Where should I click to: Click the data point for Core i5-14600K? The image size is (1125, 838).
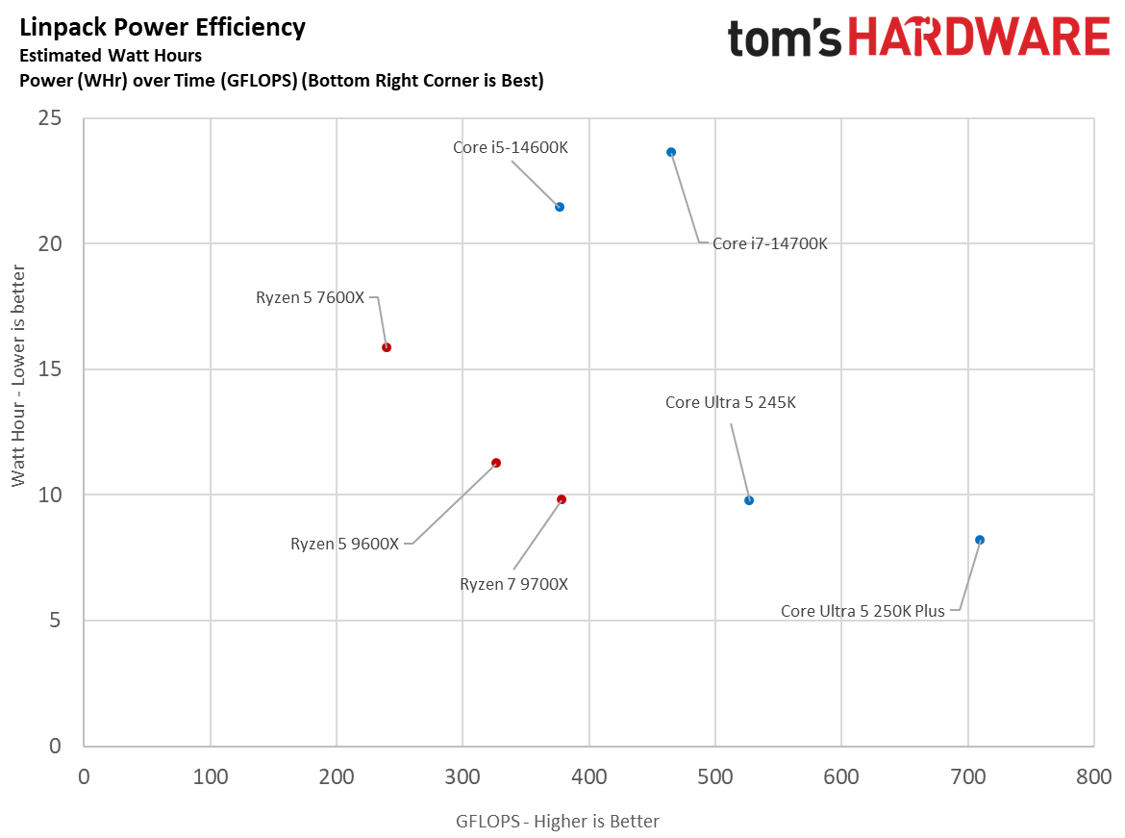click(560, 207)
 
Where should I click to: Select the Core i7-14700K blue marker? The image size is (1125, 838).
click(671, 152)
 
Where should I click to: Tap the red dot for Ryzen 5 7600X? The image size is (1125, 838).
click(387, 347)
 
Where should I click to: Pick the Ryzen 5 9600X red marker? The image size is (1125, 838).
click(496, 463)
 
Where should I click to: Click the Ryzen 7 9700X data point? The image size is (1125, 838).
click(562, 499)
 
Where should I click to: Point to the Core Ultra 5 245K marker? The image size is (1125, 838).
click(749, 500)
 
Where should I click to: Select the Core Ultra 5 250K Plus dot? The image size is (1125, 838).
click(980, 540)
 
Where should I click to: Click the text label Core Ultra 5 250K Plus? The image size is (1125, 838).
click(862, 611)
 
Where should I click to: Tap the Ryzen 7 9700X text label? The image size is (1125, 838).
click(513, 584)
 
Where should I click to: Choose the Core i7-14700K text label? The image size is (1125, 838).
click(769, 244)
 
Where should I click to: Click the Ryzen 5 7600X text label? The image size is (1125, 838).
click(310, 298)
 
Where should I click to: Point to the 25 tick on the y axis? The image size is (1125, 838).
click(49, 118)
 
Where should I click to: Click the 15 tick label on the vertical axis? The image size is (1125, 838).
click(49, 369)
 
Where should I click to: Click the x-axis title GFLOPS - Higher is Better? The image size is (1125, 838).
click(558, 821)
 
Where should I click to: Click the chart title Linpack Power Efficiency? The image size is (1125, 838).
click(162, 28)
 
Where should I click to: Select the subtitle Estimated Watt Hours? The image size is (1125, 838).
click(111, 56)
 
